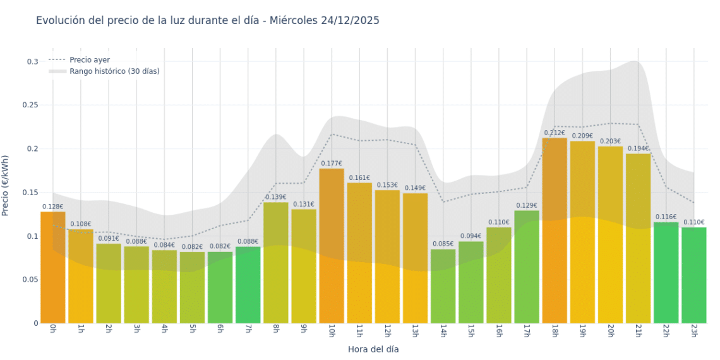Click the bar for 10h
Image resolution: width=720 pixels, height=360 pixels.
[x=332, y=246]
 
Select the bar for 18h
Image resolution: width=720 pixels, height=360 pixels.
[x=555, y=231]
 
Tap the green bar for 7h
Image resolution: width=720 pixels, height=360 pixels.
[x=248, y=285]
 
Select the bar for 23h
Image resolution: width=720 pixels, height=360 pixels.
[x=693, y=275]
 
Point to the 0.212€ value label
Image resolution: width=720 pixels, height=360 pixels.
[x=555, y=133]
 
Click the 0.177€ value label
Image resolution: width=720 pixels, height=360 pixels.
[x=332, y=164]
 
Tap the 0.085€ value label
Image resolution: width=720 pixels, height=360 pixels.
[x=443, y=244]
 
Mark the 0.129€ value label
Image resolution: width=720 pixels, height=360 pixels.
[x=527, y=205]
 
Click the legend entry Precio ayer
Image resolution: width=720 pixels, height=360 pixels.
[x=89, y=60]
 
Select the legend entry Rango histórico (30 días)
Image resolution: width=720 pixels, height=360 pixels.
[x=114, y=71]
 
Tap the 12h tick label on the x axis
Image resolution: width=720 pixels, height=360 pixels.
[x=387, y=331]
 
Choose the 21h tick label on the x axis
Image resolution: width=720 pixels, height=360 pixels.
[x=638, y=331]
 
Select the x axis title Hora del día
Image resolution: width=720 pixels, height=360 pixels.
[x=373, y=349]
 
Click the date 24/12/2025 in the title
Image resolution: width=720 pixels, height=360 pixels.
[x=350, y=20]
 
